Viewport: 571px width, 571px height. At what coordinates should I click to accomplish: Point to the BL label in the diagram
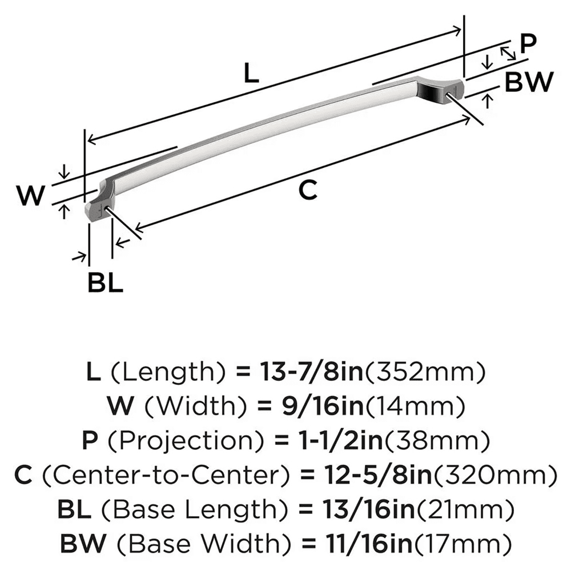click(106, 283)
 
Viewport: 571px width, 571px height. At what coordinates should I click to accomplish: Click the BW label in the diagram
click(529, 83)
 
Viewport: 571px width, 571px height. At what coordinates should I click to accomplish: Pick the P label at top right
click(528, 44)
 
